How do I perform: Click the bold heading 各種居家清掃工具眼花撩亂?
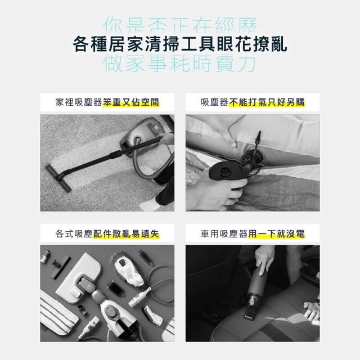[180, 44]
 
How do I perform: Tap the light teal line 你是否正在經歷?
[180, 25]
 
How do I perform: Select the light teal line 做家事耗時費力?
[179, 63]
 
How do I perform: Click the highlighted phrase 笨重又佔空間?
[131, 102]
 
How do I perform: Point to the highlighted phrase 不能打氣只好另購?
[267, 102]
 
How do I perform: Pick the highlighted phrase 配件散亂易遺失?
[126, 234]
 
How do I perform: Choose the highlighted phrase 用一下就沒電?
[276, 234]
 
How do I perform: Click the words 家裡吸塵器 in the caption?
[79, 102]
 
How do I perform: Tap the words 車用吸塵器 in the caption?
[224, 234]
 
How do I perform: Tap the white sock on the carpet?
[148, 205]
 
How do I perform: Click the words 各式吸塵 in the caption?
[74, 234]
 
